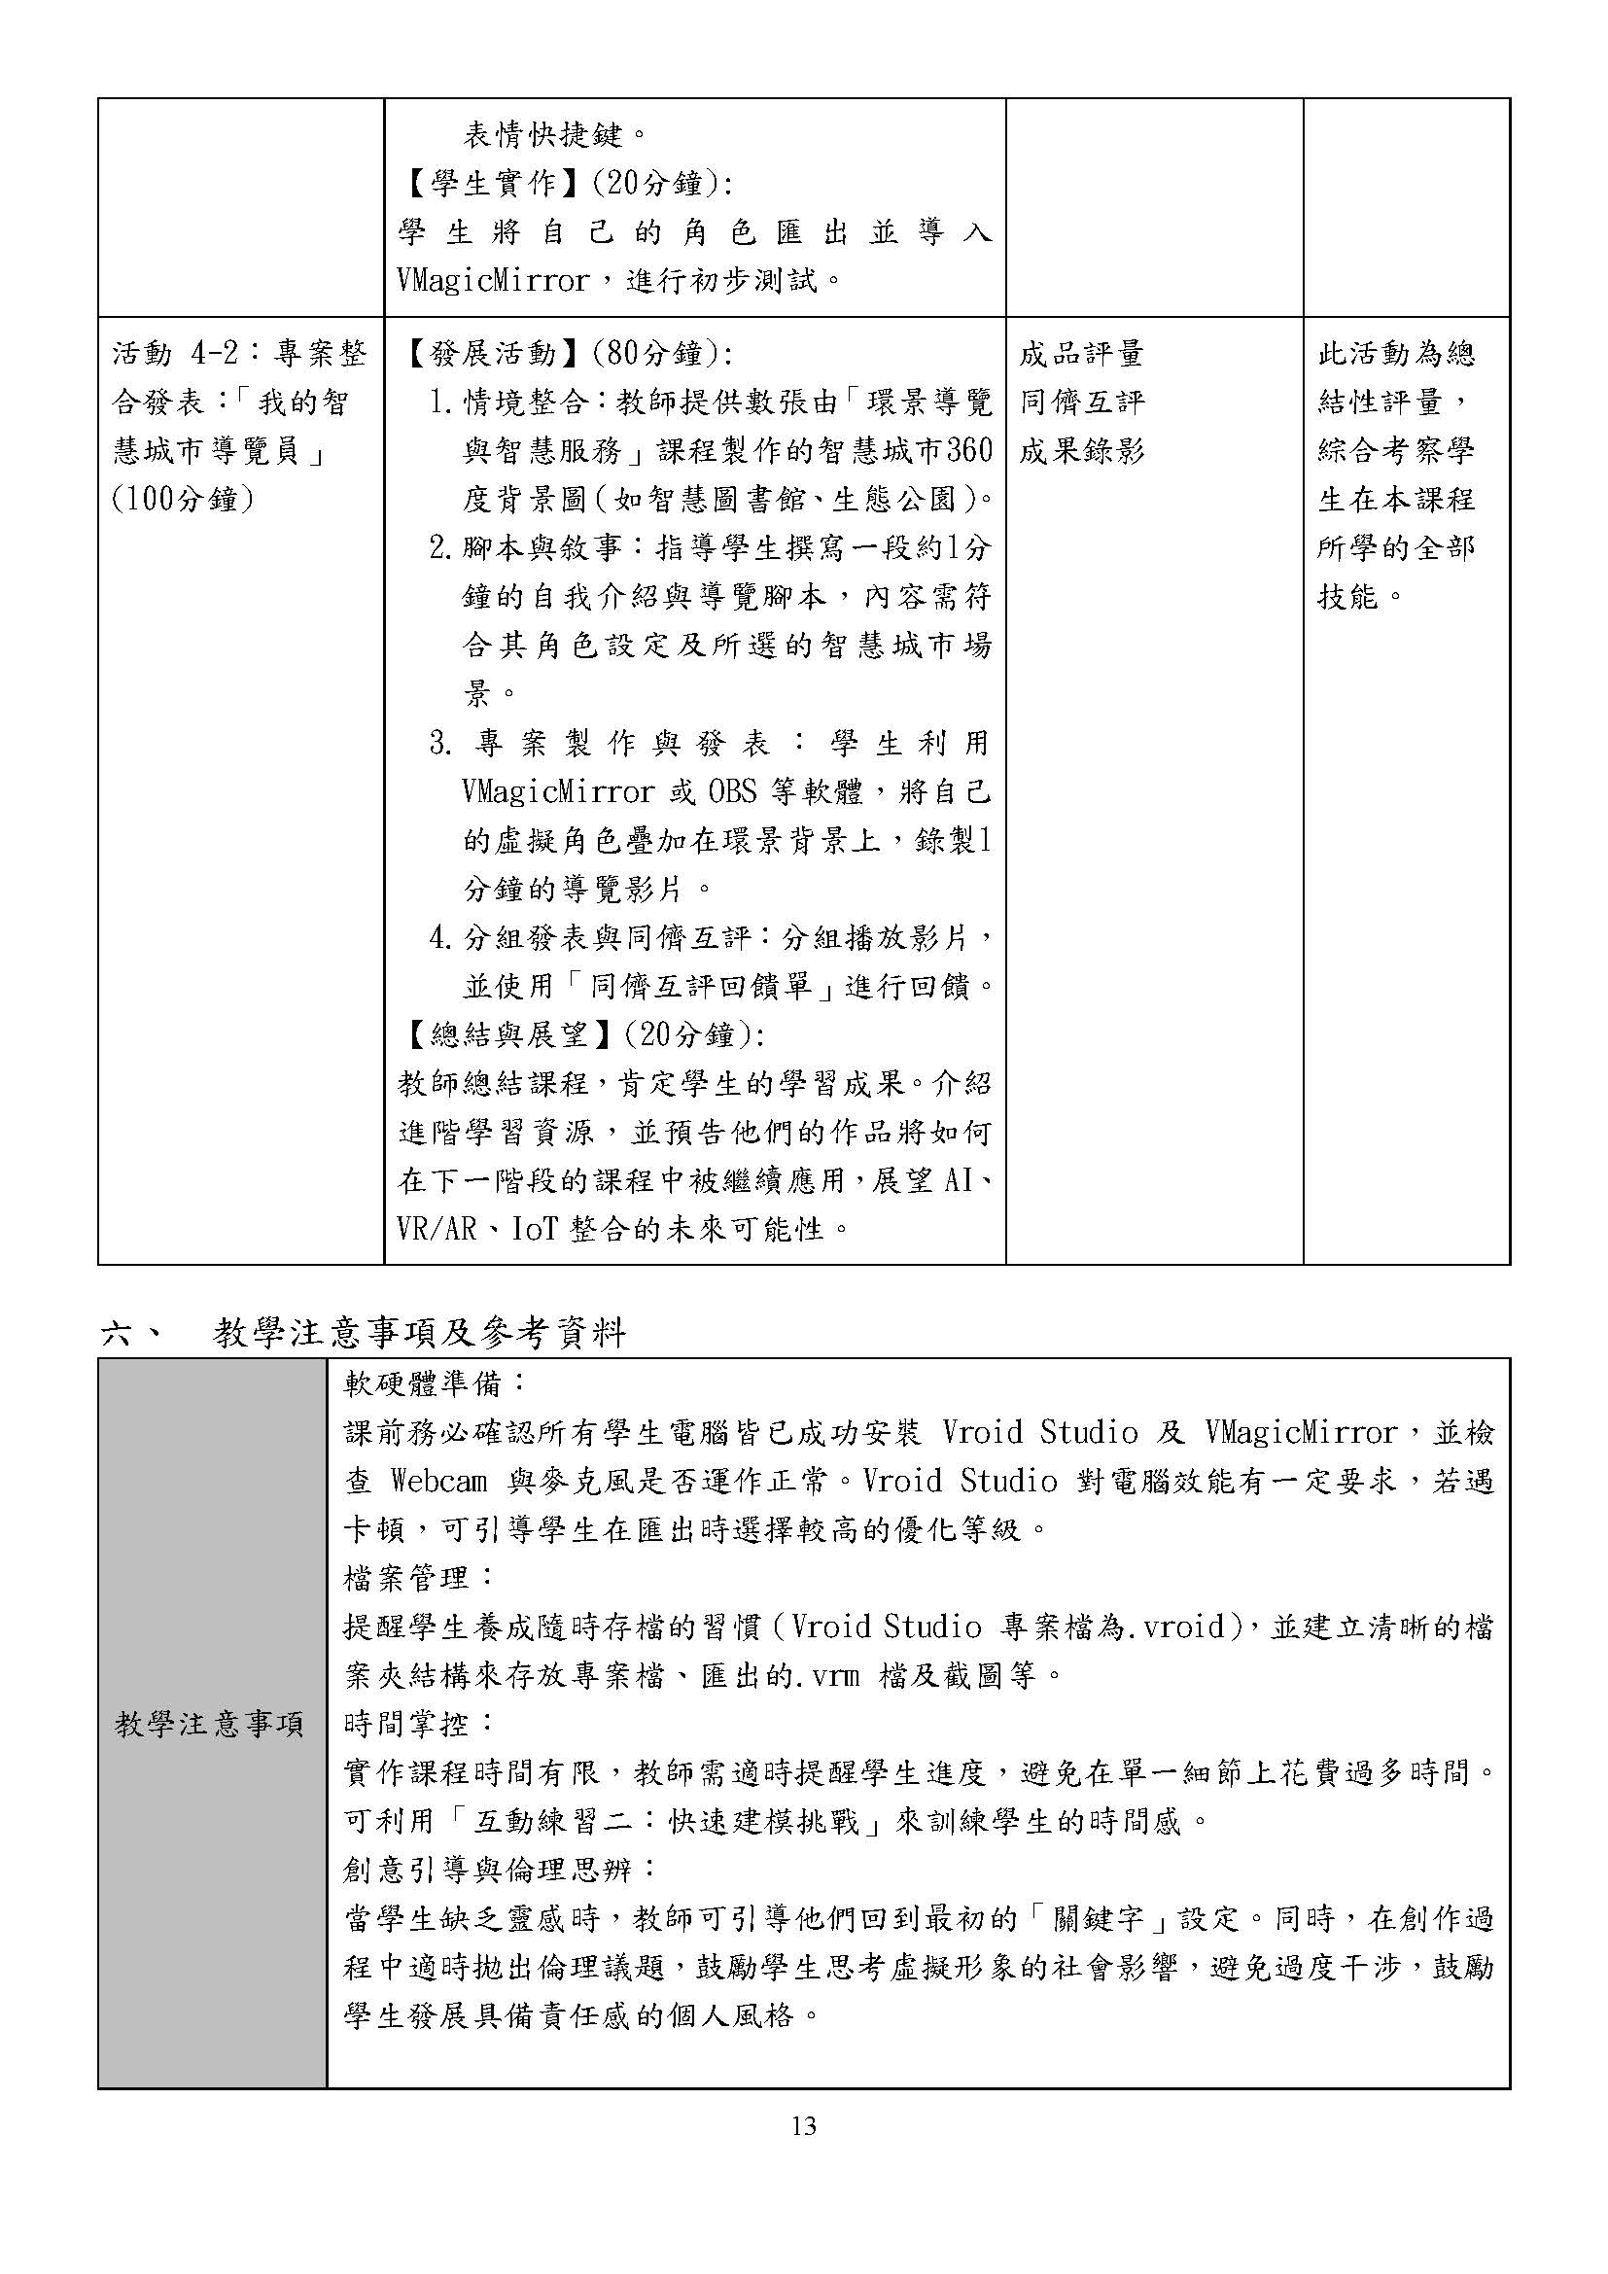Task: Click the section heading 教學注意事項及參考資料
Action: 419,1333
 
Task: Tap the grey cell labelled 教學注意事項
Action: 210,1725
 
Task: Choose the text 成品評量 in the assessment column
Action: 1081,354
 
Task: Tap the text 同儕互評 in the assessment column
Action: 1081,402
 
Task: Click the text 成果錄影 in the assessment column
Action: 1081,452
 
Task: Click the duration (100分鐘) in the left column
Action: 182,499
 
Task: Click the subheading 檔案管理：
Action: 419,1577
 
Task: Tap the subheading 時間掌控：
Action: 419,1724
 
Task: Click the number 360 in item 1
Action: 968,452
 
